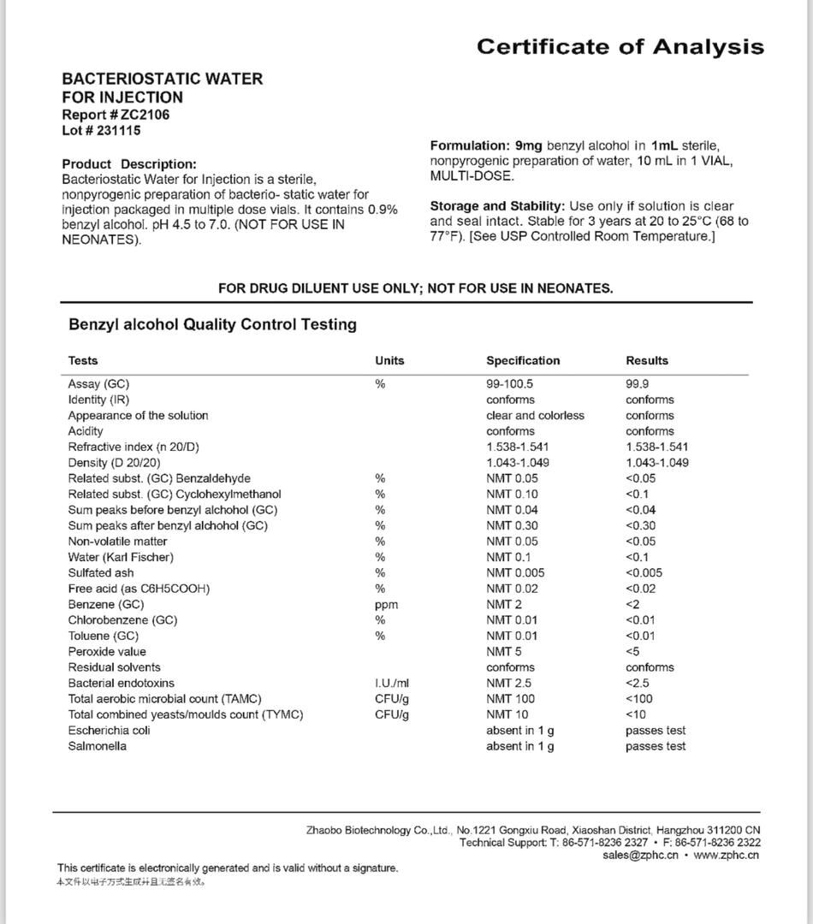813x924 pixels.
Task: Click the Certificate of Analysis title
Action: coord(620,46)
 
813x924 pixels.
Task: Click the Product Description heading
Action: coord(129,163)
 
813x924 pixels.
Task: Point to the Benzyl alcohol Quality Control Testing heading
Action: coord(212,325)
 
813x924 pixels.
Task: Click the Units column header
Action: coord(389,360)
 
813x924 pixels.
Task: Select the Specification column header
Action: coord(523,360)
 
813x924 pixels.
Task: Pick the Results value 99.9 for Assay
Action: coord(637,384)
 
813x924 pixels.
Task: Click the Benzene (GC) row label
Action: coord(106,604)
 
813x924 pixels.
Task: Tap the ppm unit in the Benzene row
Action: coord(386,604)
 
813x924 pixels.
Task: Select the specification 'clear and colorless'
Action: coord(535,416)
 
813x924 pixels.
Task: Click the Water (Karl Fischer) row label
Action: coord(121,557)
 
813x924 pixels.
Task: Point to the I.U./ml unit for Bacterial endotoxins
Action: coord(392,683)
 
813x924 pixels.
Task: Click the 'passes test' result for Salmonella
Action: coord(656,746)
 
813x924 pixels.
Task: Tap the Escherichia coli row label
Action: coord(110,731)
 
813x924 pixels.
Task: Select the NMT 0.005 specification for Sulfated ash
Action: coord(515,573)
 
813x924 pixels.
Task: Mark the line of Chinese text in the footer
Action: coord(131,881)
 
